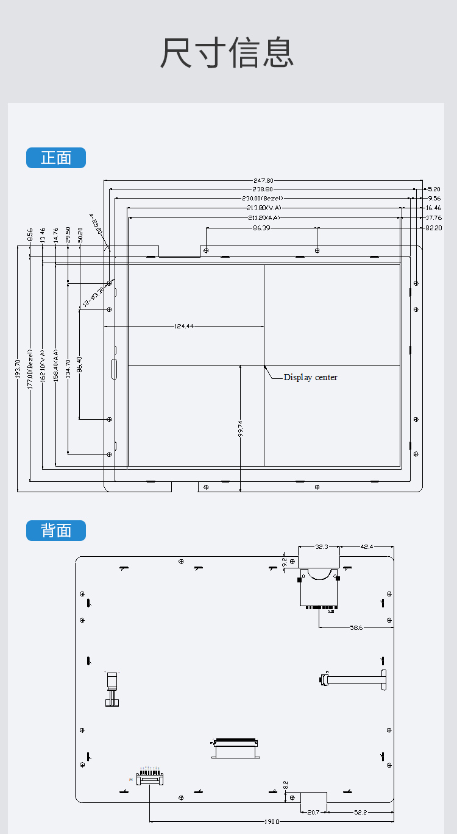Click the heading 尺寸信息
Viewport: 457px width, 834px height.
227,52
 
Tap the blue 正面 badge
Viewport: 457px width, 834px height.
56,158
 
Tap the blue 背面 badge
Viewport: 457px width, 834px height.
56,531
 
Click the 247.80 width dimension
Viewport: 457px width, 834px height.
263,180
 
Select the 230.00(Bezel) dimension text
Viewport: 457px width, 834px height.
263,199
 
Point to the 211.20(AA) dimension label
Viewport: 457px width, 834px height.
264,217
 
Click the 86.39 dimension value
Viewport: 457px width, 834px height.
261,228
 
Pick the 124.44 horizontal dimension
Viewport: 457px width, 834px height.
183,327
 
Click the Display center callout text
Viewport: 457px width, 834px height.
310,378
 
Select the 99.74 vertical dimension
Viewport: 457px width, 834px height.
241,429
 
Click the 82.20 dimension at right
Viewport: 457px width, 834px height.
434,228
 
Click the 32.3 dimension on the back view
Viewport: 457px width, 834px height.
322,547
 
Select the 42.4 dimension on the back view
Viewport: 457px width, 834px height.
367,547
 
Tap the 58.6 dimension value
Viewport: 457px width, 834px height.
356,627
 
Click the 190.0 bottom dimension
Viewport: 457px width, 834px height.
272,821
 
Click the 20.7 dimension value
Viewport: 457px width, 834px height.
313,812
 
